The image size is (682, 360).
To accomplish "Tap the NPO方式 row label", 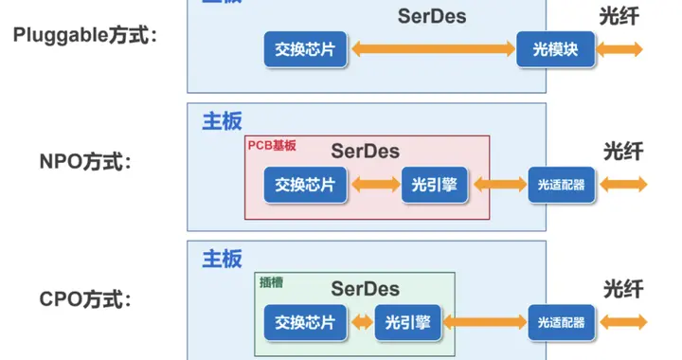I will [x=82, y=162].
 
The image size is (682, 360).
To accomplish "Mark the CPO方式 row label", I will [x=82, y=300].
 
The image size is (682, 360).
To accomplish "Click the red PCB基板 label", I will [x=271, y=146].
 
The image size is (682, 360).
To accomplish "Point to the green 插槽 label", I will [x=272, y=281].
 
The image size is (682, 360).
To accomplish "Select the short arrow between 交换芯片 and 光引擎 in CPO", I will [x=361, y=322].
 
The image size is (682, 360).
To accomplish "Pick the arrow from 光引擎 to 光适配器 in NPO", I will [x=499, y=184].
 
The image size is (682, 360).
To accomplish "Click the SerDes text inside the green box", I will [x=365, y=288].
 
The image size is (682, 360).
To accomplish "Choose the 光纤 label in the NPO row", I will [x=621, y=151].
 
